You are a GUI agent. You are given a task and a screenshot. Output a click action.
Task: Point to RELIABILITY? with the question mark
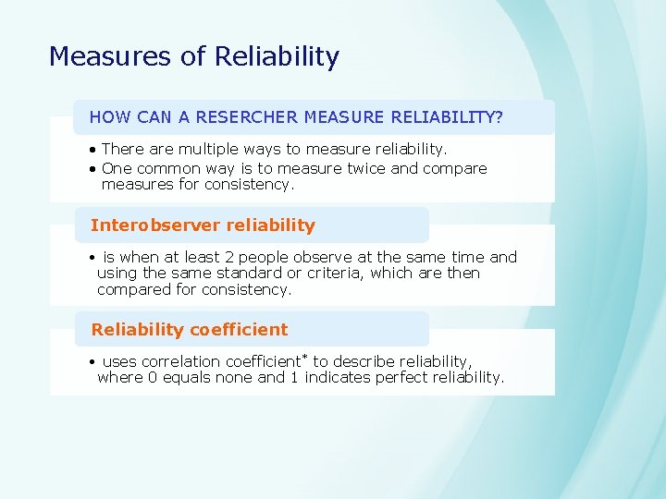coord(448,117)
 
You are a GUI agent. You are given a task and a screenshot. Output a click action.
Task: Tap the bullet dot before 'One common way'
coord(94,169)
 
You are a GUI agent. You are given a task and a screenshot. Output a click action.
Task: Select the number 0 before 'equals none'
coord(153,377)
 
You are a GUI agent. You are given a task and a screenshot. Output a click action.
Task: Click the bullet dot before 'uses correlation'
coord(94,362)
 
